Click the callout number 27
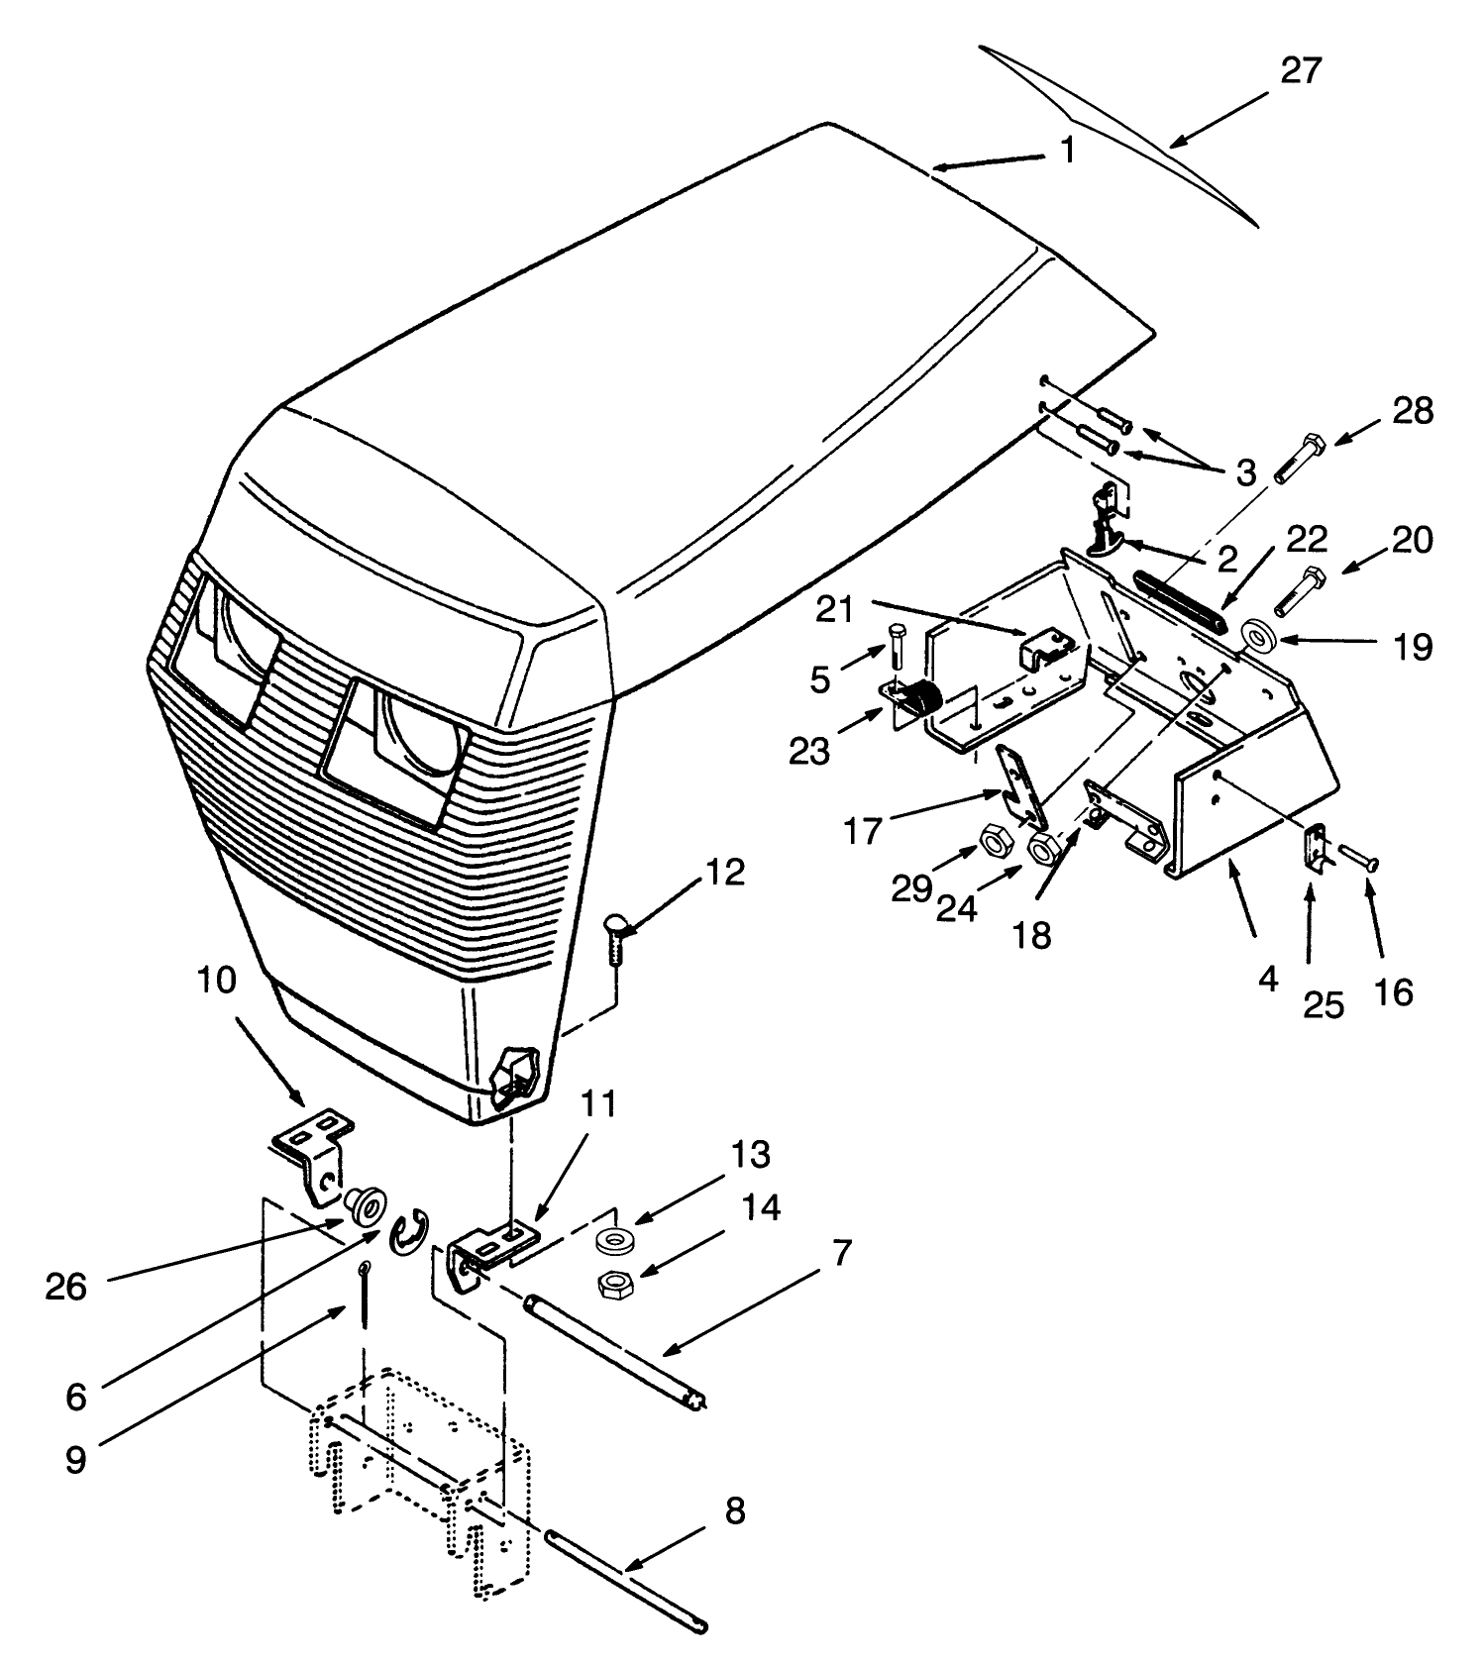coord(1301,71)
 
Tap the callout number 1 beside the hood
coord(1067,150)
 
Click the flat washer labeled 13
coord(616,1239)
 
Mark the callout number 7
coord(839,1253)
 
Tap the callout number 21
coord(833,610)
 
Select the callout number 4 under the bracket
coord(1268,980)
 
